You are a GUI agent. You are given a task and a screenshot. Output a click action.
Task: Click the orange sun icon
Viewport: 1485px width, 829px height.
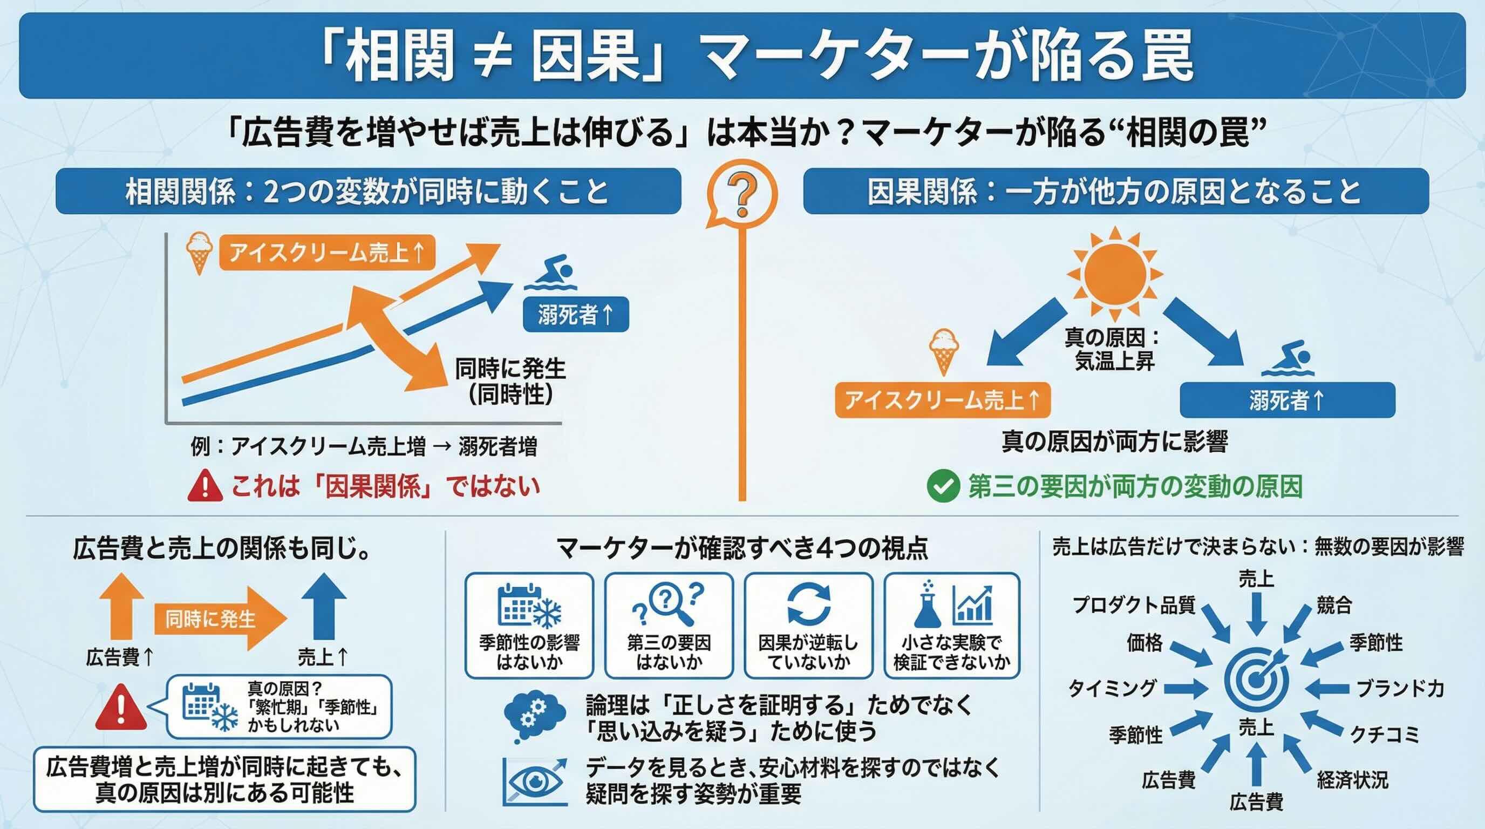1114,273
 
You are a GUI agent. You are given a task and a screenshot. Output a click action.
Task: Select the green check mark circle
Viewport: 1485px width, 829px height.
943,486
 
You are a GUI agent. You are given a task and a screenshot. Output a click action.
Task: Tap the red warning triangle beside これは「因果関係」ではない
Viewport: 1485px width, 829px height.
205,485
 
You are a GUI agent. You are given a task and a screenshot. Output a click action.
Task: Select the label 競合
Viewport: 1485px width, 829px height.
1334,606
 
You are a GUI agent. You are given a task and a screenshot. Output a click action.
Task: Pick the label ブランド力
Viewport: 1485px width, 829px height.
1400,688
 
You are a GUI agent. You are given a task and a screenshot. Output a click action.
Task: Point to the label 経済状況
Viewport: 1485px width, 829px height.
1353,780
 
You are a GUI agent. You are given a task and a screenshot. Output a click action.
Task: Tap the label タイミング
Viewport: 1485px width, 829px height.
1112,688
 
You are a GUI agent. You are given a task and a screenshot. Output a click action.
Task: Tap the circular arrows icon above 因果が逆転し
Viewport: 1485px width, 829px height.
809,603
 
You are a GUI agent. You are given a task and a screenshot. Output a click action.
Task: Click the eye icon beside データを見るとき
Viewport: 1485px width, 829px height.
534,781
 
